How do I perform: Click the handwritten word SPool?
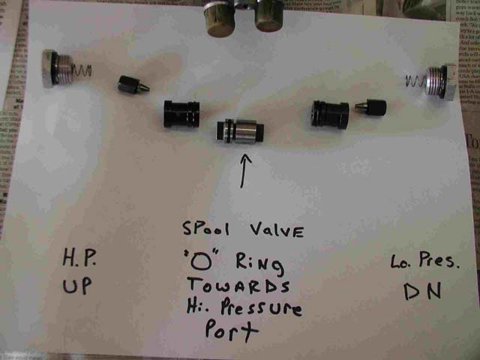coord(205,228)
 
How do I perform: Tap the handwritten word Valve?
coord(277,229)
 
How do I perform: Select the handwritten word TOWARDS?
coord(238,285)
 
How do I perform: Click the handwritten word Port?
coord(232,331)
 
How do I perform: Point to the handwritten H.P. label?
coord(79,257)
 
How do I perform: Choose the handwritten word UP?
coord(76,286)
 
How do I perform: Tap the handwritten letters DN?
coord(422,291)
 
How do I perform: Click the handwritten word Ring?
coord(259,265)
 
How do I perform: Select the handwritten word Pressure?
coord(261,308)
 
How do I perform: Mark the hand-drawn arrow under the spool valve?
coord(244,171)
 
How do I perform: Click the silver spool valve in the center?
coord(240,131)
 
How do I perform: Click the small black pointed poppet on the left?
coord(133,85)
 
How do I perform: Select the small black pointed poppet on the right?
coord(370,107)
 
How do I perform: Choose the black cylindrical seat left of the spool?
coord(181,113)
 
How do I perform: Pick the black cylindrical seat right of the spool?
coord(330,115)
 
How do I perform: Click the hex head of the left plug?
coord(48,68)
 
